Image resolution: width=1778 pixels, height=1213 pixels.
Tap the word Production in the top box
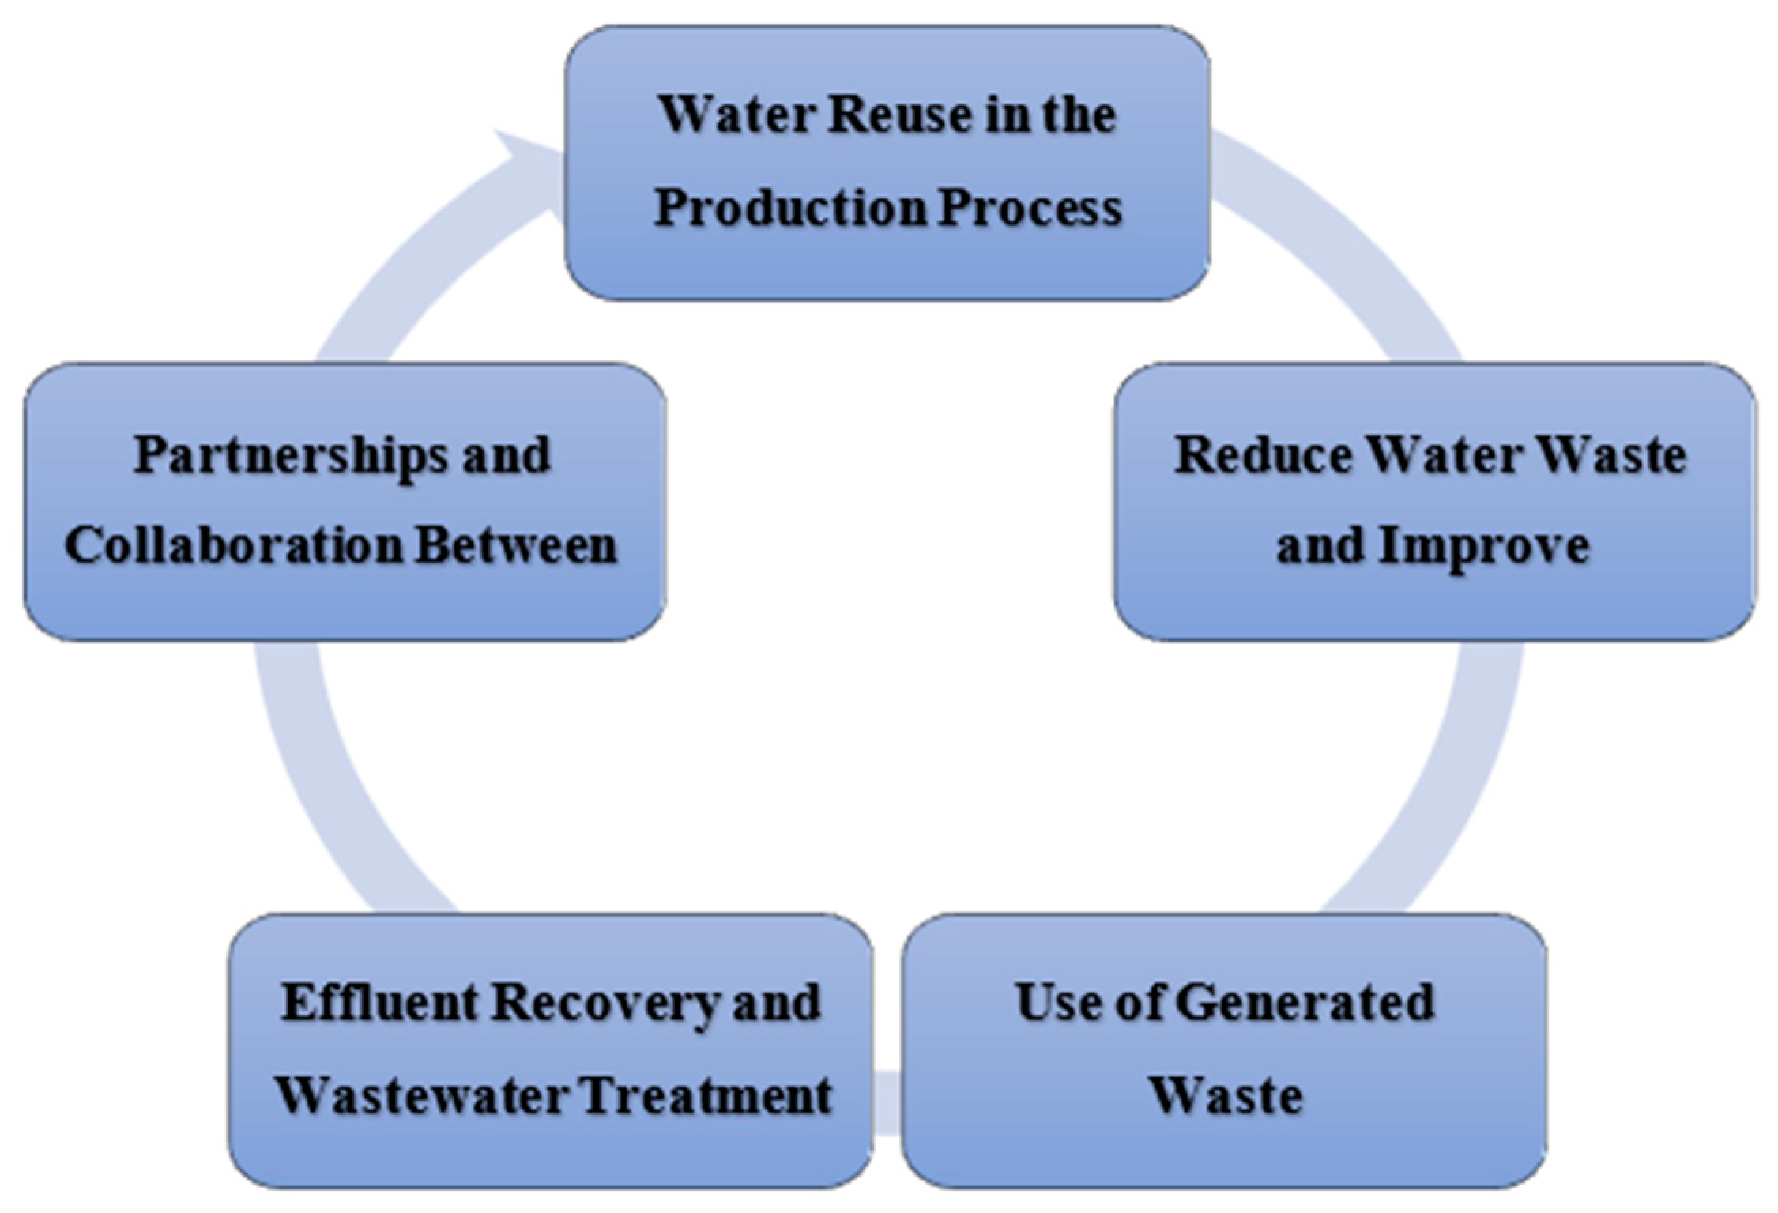pos(790,209)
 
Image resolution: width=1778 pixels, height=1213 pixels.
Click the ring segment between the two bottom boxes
pos(887,1102)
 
